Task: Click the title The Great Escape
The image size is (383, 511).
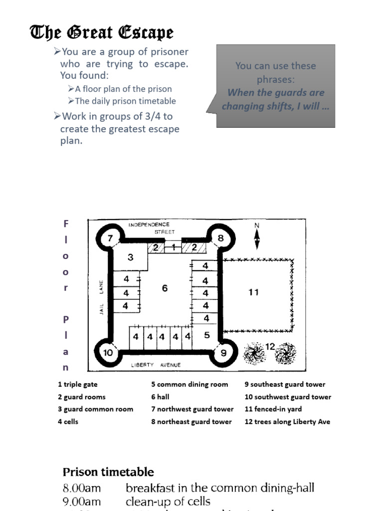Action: [x=102, y=33]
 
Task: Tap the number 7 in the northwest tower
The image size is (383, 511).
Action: [x=111, y=238]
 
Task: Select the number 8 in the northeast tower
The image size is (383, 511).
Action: [x=220, y=238]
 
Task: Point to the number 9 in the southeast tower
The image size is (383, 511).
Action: [x=223, y=353]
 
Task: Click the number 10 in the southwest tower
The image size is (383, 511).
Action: [x=108, y=353]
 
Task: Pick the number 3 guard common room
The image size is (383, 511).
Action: [x=130, y=257]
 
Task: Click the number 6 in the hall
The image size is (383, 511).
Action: [x=165, y=288]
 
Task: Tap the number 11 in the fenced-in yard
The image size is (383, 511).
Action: [x=254, y=292]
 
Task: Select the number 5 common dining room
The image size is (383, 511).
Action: [x=207, y=335]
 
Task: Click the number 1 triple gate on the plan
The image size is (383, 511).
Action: [x=173, y=247]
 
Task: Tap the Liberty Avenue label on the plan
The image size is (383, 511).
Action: [x=156, y=365]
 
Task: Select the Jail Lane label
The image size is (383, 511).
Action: [x=101, y=296]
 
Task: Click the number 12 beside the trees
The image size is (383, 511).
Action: [x=270, y=346]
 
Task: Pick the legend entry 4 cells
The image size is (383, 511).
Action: [x=68, y=422]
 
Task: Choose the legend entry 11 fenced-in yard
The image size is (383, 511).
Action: [x=273, y=409]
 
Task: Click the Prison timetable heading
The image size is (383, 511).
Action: [x=108, y=472]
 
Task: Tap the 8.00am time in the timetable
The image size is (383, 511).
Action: [x=82, y=488]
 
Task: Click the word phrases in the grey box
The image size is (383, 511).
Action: [x=276, y=79]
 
